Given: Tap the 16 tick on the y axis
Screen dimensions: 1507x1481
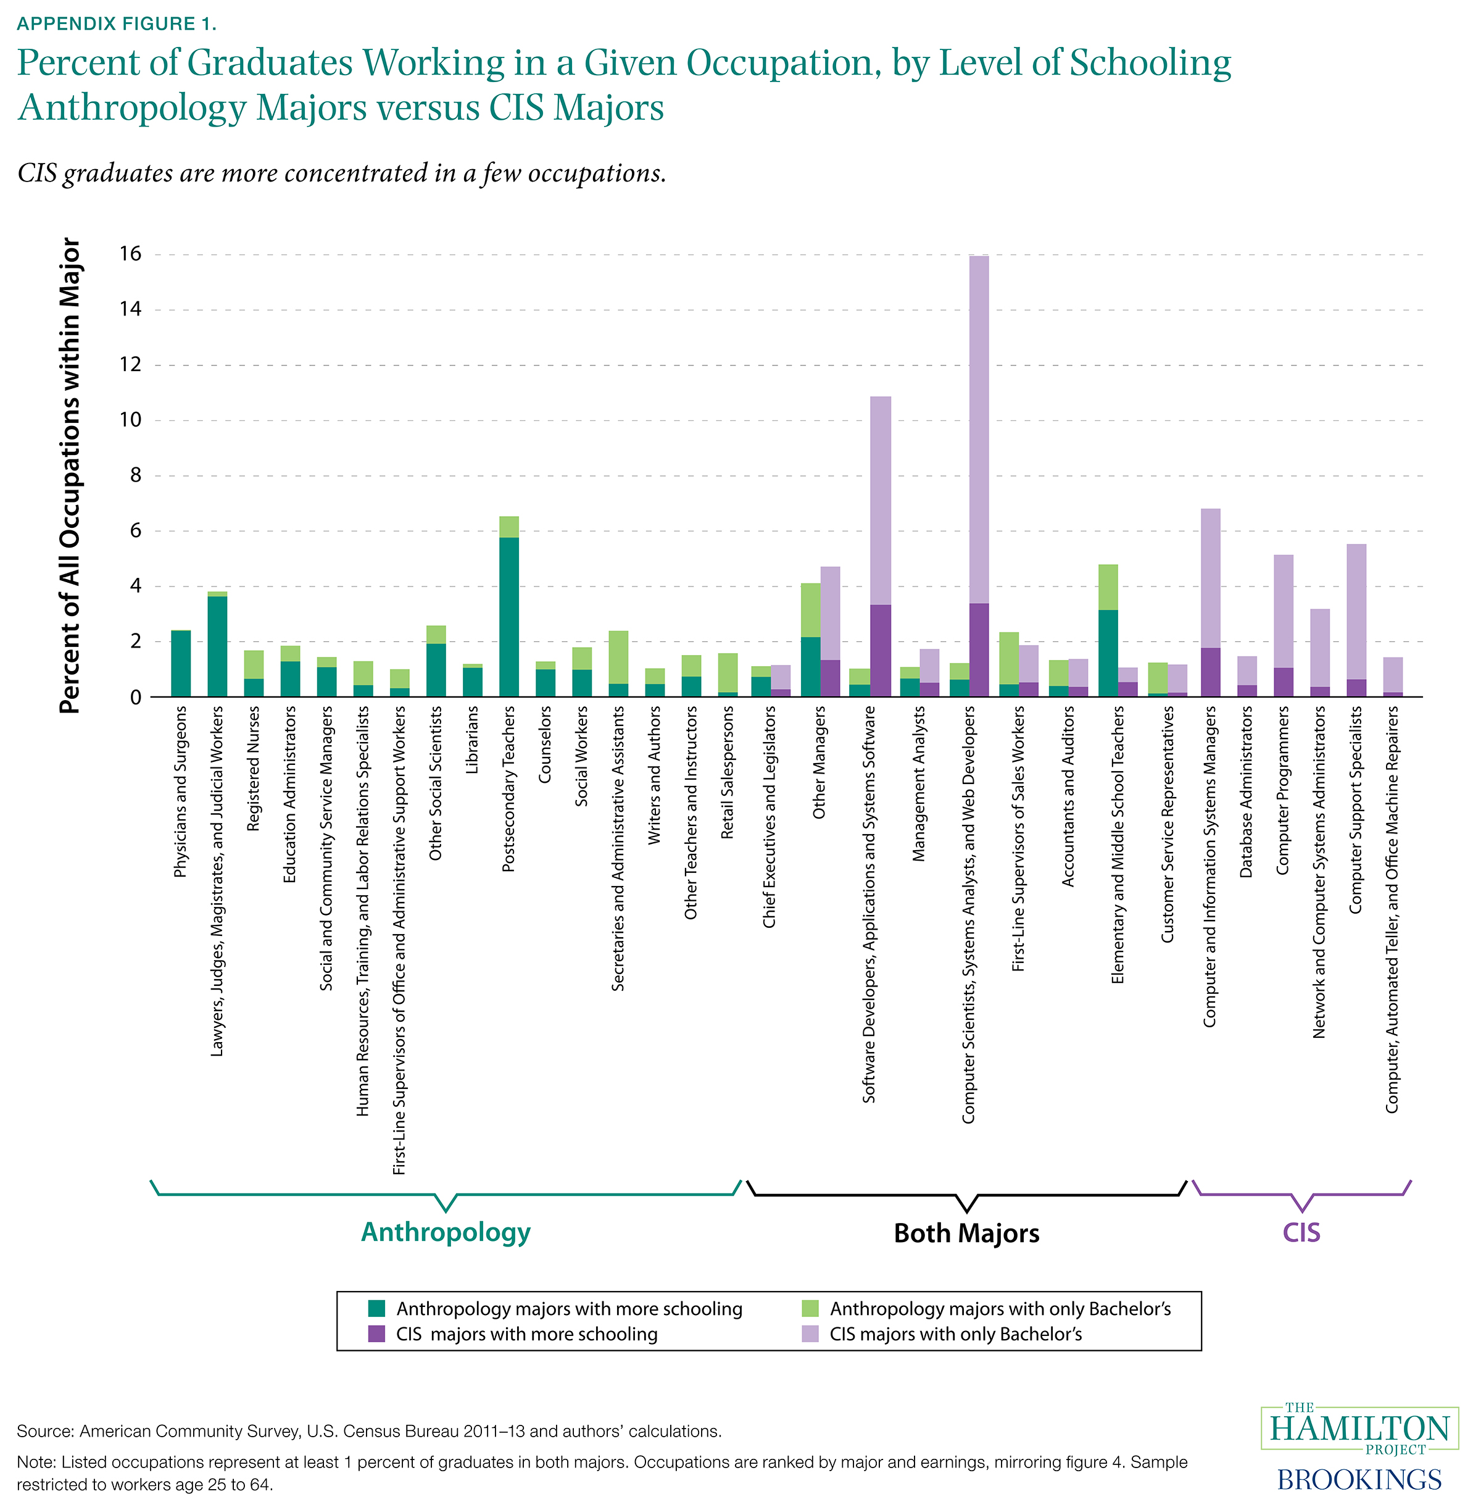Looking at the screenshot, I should tap(130, 254).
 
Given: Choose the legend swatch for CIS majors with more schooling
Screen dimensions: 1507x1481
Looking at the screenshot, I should tap(376, 1334).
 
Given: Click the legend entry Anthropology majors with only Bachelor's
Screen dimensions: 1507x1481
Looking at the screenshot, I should tap(1000, 1309).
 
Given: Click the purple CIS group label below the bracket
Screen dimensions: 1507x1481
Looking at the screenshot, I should tap(1301, 1232).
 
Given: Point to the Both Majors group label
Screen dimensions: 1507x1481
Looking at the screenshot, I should tap(966, 1233).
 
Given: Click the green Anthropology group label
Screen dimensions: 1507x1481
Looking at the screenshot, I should tap(446, 1232).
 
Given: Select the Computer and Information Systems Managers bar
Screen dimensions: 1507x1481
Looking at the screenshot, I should tap(1210, 603).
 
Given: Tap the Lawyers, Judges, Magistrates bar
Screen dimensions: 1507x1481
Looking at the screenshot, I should tap(218, 646).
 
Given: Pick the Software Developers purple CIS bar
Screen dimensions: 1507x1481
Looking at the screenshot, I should tap(881, 545).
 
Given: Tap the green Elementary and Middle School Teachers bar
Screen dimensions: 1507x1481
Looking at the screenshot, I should tap(1108, 630).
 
